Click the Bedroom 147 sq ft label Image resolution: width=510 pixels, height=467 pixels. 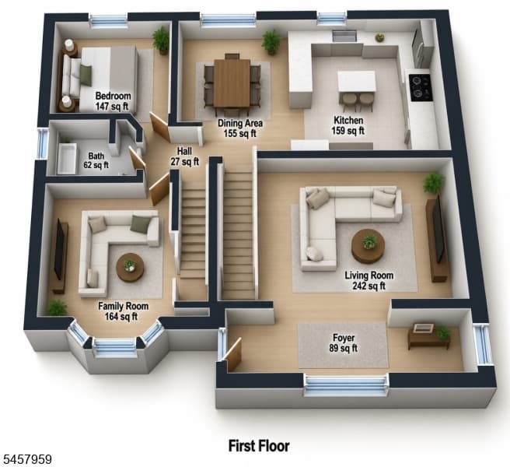click(113, 101)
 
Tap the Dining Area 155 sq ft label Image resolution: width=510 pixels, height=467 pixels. click(240, 128)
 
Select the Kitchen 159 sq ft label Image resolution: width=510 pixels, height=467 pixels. click(348, 125)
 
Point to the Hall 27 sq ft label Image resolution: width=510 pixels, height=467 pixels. click(184, 156)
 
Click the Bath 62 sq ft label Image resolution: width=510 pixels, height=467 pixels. click(96, 160)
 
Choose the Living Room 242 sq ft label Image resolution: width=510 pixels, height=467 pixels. click(369, 280)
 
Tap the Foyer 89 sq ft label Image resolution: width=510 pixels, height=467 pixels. click(344, 343)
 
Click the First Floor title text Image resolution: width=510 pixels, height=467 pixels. click(259, 446)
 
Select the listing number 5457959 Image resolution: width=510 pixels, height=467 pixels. click(26, 459)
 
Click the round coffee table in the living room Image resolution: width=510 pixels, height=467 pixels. click(369, 246)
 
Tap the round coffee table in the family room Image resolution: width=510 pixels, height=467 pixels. click(130, 268)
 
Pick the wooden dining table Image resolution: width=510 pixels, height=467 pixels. click(232, 83)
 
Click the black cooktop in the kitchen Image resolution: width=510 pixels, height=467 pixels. click(421, 87)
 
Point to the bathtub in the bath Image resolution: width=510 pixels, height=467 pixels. click(68, 159)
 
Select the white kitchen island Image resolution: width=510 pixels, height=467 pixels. click(357, 82)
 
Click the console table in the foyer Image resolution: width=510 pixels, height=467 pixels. click(428, 336)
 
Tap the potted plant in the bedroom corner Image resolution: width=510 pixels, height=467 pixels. click(161, 40)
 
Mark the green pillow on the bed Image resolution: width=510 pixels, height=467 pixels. click(86, 75)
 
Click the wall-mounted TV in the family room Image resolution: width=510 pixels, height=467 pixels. click(59, 249)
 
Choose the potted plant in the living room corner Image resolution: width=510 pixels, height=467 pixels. click(434, 183)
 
